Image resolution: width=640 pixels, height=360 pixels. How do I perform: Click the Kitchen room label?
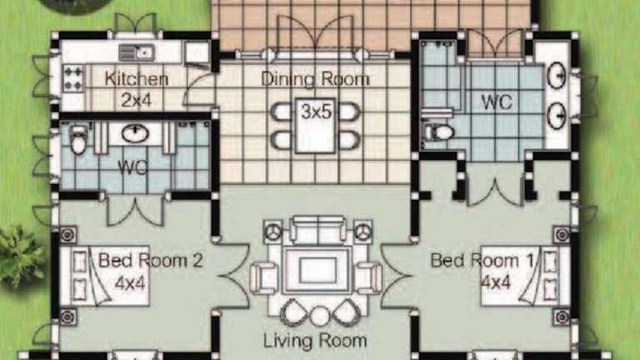click(x=137, y=79)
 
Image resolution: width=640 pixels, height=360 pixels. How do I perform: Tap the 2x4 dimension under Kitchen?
click(x=137, y=100)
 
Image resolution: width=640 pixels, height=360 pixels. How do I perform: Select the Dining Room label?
click(x=315, y=79)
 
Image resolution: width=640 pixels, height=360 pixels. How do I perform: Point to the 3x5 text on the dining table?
click(x=317, y=112)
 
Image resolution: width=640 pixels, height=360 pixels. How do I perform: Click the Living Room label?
click(x=315, y=340)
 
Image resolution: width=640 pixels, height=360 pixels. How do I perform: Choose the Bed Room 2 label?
click(x=150, y=260)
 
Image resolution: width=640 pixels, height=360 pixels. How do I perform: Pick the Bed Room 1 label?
click(x=482, y=260)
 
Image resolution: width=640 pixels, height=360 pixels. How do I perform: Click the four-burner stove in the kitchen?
click(x=73, y=78)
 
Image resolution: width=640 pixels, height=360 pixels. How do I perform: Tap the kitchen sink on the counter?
click(x=137, y=52)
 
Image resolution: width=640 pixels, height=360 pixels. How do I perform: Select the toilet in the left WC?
click(x=78, y=139)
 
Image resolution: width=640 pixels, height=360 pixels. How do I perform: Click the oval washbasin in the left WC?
click(x=135, y=133)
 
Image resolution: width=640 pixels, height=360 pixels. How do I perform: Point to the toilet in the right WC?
click(x=438, y=132)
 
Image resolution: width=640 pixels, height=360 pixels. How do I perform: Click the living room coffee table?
click(x=317, y=270)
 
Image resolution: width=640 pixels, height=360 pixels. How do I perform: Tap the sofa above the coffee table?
click(x=318, y=230)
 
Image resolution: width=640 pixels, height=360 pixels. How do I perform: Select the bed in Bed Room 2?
click(x=105, y=276)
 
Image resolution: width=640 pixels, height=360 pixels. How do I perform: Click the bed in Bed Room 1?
click(x=526, y=276)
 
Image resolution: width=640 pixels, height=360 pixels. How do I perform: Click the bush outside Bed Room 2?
click(x=20, y=257)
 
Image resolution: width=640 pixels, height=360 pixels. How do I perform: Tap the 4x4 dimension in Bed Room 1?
click(x=496, y=282)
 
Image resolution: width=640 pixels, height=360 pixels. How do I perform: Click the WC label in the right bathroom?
click(x=497, y=102)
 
